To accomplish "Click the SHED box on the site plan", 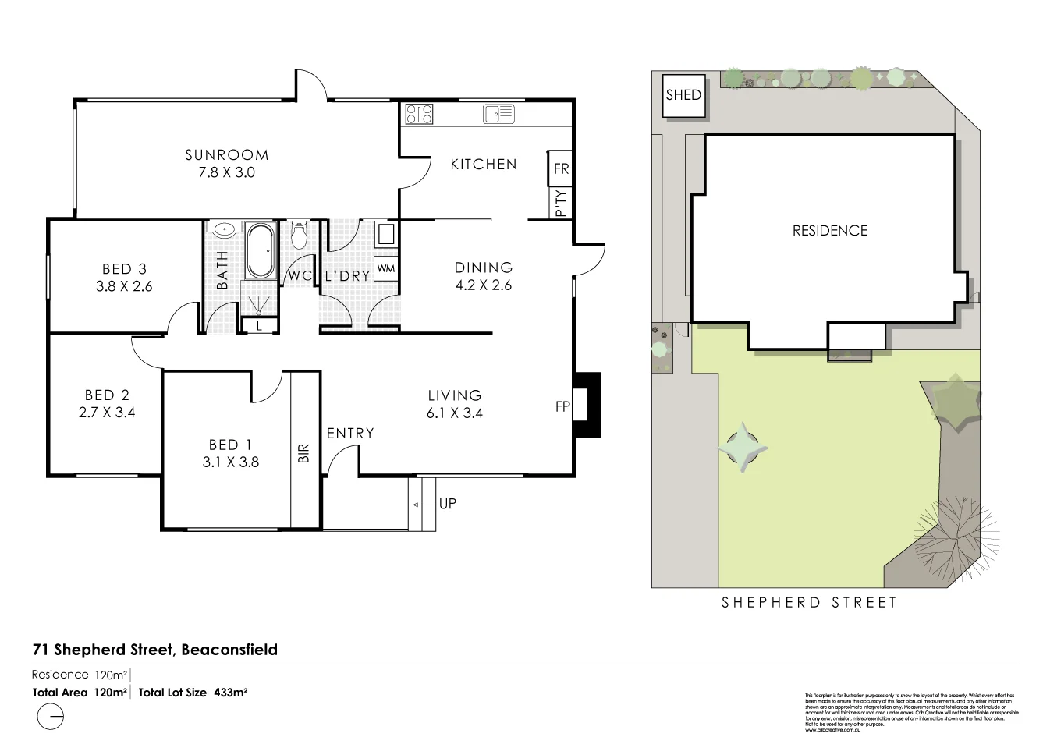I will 683,96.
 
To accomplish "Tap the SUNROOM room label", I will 226,155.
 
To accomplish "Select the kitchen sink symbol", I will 498,115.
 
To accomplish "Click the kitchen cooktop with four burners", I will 419,115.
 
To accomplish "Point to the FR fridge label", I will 561,168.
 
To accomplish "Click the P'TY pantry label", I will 561,203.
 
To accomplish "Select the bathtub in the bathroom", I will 261,250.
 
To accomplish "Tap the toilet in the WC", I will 300,234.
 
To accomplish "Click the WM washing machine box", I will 385,268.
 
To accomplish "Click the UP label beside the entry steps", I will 448,504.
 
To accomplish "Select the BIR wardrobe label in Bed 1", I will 304,453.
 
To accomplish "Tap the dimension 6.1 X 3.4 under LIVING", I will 454,413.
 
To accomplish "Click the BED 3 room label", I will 124,269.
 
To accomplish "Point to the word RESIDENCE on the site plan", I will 829,231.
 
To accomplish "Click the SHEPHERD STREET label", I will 809,602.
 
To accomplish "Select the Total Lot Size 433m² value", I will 230,692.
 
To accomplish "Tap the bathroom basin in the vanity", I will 225,230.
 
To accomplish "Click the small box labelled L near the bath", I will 259,326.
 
